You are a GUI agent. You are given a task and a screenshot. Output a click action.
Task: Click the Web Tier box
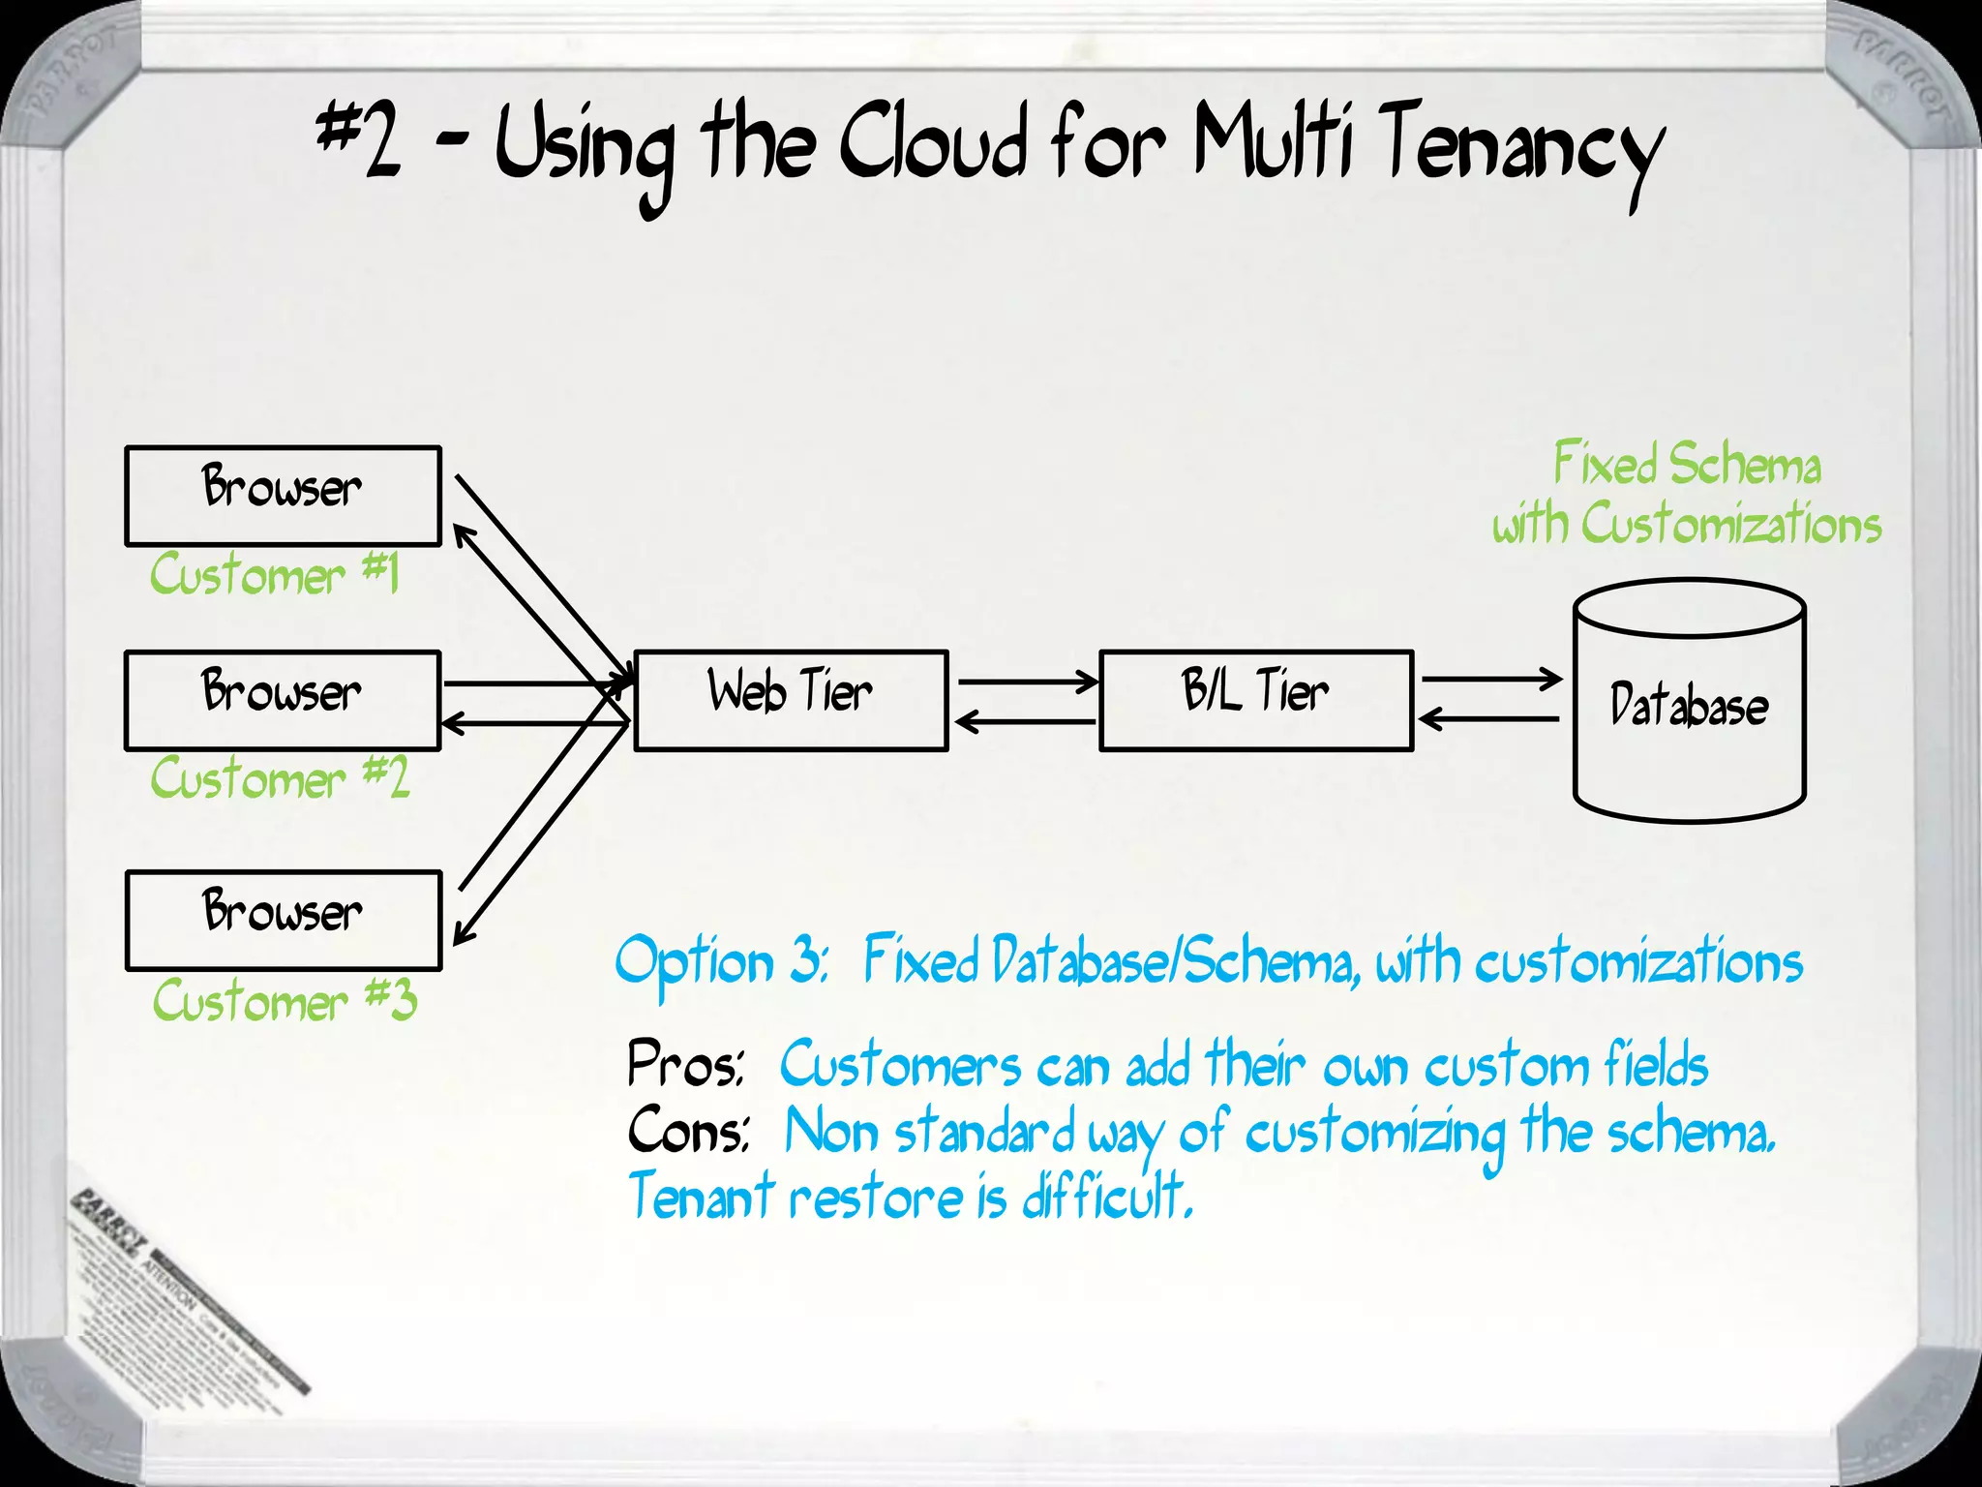click(x=791, y=700)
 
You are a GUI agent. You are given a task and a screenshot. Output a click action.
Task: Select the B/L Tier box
click(x=1256, y=700)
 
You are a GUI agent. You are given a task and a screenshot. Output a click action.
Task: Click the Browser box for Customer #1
click(x=283, y=496)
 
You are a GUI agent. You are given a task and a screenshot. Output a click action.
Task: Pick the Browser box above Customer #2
click(x=283, y=700)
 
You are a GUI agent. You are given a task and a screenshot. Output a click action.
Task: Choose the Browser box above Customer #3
click(x=283, y=920)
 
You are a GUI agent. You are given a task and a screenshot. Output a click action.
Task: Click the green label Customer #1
click(x=275, y=574)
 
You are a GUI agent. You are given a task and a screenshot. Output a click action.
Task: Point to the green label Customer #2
click(x=281, y=778)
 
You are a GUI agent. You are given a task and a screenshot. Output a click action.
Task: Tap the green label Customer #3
click(x=285, y=1000)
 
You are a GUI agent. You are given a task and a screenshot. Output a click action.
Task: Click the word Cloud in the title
click(x=931, y=145)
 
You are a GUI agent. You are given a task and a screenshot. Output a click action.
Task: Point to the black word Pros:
click(x=685, y=1064)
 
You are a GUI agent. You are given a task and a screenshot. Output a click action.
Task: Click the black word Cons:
click(x=687, y=1131)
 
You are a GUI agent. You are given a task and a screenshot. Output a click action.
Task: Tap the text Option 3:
click(x=721, y=961)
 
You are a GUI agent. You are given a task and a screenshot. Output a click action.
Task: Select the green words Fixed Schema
click(x=1687, y=464)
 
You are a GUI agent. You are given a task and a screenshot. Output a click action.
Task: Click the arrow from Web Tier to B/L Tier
click(x=1026, y=682)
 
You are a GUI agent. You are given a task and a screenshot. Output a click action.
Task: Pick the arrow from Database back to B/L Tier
click(x=1488, y=719)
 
